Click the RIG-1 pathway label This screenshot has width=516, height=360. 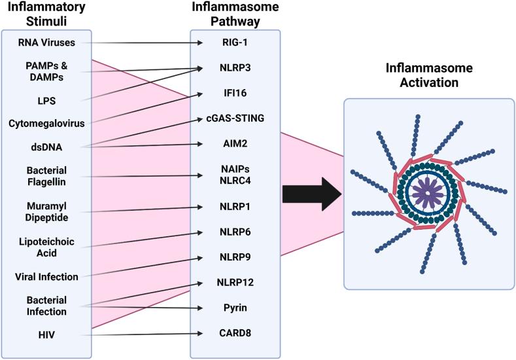[x=235, y=44]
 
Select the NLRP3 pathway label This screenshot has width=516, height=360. [x=235, y=67]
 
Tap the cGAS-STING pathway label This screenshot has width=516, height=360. [x=235, y=118]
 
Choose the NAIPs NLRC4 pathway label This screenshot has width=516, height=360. [x=235, y=175]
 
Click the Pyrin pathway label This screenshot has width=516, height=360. [x=235, y=306]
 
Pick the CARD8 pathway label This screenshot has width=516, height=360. [x=235, y=333]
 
